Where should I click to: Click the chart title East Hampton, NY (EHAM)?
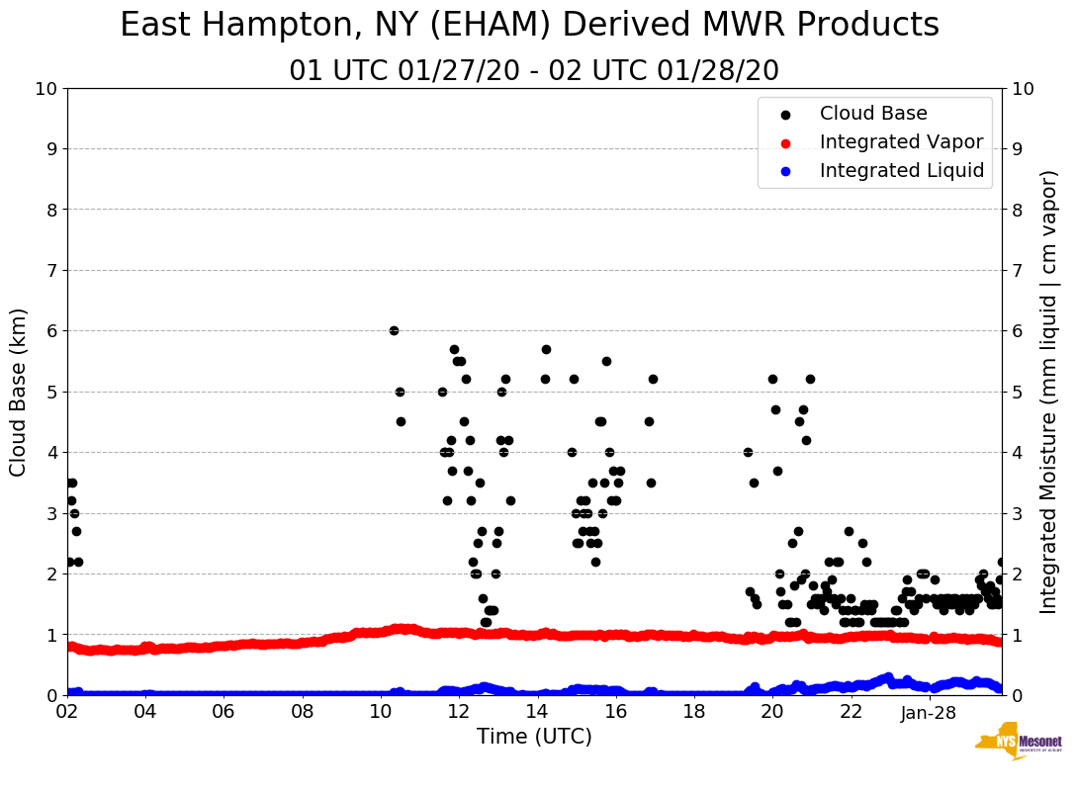(x=529, y=26)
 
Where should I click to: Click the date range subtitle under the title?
(x=534, y=71)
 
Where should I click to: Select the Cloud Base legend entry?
(x=873, y=114)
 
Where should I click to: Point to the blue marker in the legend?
(x=786, y=171)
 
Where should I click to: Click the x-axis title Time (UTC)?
(x=534, y=737)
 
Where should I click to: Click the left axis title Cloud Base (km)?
(x=19, y=392)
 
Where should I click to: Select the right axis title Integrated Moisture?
(x=1049, y=392)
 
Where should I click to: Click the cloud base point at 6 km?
(x=394, y=330)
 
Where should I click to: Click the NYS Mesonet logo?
(x=1019, y=744)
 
